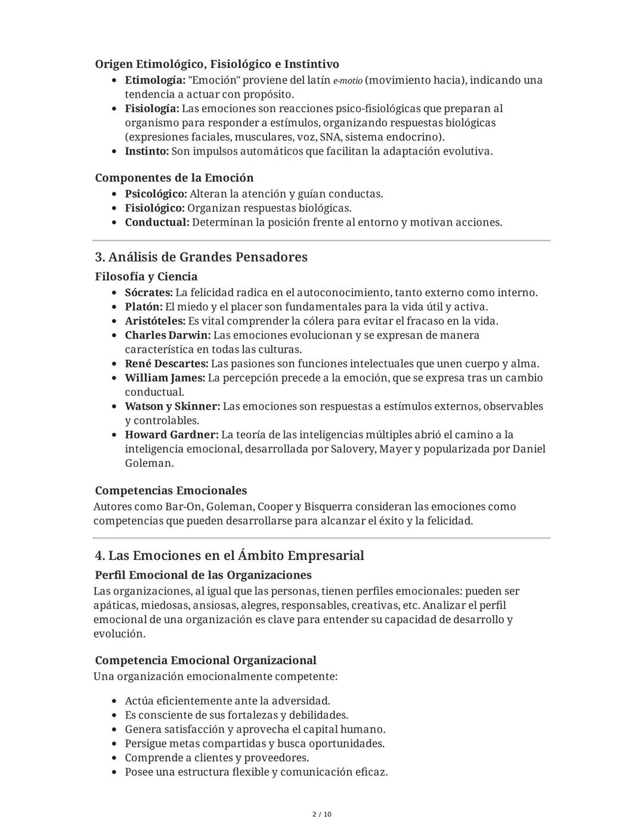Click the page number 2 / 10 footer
click(322, 814)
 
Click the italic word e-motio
click(347, 81)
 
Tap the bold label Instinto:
click(147, 151)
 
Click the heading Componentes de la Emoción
click(174, 178)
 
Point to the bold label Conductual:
click(157, 222)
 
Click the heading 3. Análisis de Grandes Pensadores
click(201, 257)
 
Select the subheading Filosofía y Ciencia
click(146, 276)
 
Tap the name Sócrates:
click(148, 293)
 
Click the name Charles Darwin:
click(168, 335)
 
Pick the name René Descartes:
click(166, 364)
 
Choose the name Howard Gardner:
click(171, 435)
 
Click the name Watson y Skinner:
click(172, 406)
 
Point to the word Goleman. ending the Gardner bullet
click(149, 463)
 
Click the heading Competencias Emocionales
click(171, 491)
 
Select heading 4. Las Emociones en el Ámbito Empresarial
click(229, 556)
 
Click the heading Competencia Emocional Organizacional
click(205, 660)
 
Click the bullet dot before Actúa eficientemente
click(114, 701)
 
